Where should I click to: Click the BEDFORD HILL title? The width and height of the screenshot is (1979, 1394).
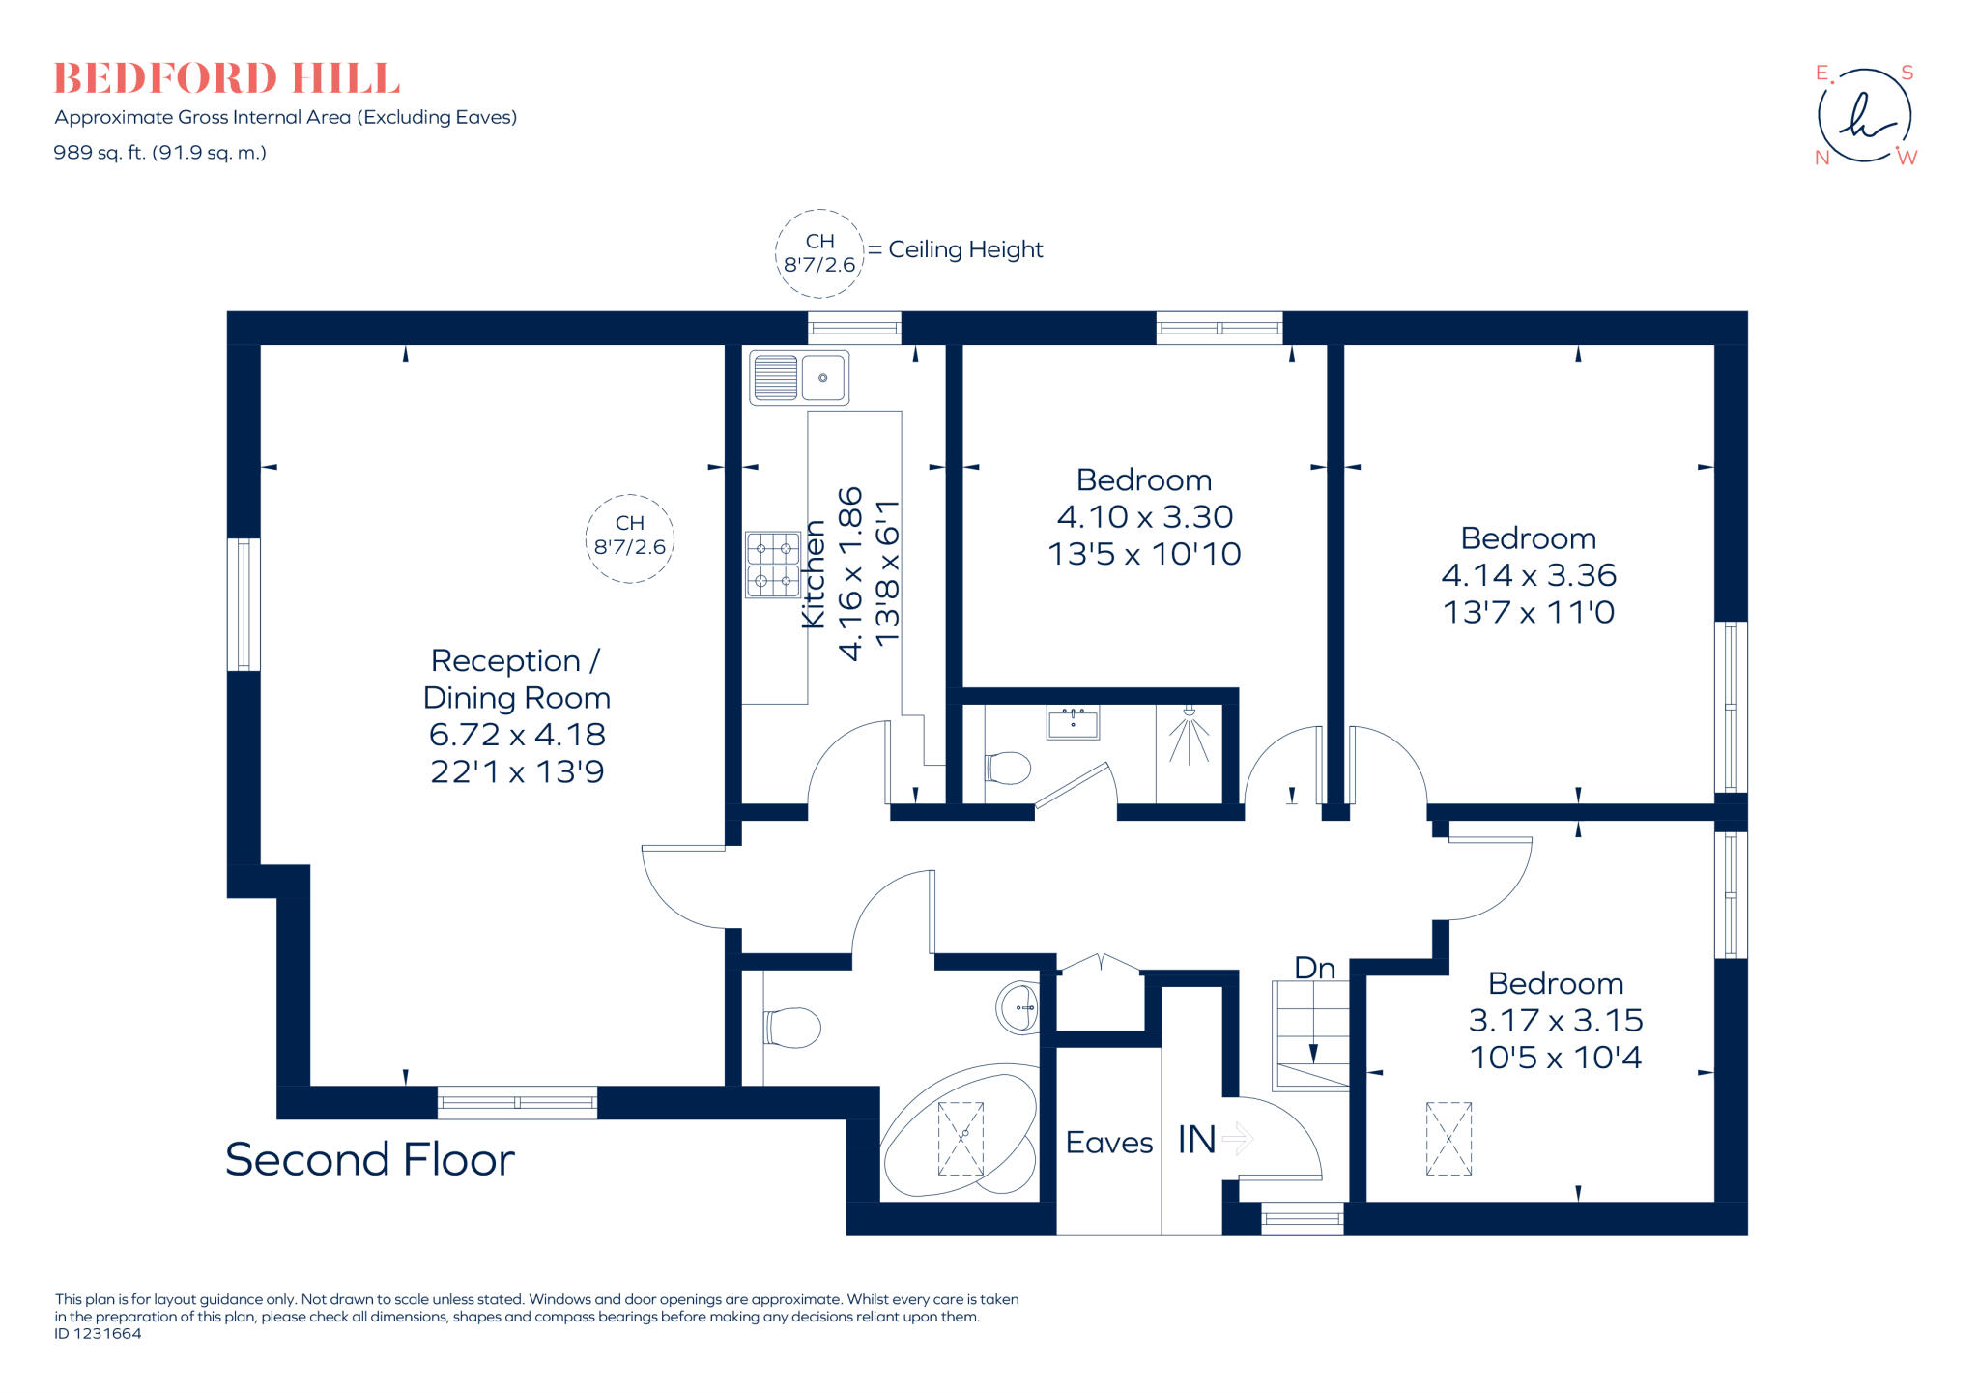226,78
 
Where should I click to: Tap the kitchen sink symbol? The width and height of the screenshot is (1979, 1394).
799,377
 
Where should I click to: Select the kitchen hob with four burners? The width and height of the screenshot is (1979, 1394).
772,565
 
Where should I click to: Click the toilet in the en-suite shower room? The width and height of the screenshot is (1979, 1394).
1007,769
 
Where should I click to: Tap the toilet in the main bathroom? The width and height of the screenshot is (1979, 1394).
791,1028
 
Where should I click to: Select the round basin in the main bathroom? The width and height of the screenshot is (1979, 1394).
1018,1007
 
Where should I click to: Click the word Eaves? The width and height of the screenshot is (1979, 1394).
1108,1143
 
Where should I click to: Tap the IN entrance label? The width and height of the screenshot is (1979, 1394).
1196,1140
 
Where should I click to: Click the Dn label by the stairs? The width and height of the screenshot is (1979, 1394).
1314,968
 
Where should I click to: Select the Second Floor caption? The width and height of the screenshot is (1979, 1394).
369,1159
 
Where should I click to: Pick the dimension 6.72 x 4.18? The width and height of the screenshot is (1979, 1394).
517,735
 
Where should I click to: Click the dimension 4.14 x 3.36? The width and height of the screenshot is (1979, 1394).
1528,575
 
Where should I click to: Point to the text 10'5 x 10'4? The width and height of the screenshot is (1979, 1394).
1555,1058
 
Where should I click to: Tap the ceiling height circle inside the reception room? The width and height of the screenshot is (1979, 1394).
629,538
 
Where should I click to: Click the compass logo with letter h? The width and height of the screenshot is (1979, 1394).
1864,116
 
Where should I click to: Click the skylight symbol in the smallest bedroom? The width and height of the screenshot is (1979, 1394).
1448,1138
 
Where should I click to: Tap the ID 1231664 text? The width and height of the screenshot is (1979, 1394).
98,1334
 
